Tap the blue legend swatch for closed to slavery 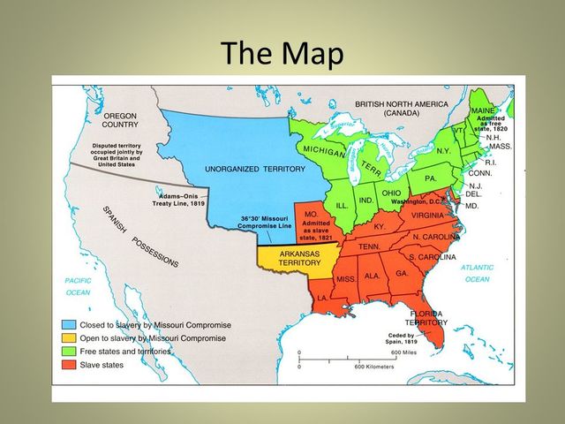click(x=68, y=324)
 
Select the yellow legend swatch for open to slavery click(x=68, y=337)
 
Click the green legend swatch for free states click(x=68, y=351)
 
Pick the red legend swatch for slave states click(x=68, y=364)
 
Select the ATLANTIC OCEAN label click(x=478, y=273)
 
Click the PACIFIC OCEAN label click(x=78, y=286)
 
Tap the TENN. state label click(x=368, y=246)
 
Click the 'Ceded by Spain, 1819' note click(x=403, y=338)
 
